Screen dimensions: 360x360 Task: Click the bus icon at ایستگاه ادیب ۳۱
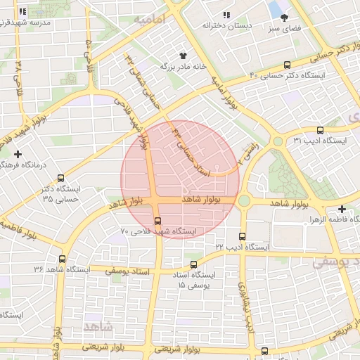321,130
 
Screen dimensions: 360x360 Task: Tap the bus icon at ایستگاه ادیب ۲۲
243,236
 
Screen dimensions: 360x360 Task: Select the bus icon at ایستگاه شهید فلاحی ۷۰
157,224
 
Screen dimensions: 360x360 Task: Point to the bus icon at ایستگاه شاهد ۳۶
62,259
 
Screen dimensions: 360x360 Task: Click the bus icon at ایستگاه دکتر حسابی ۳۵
61,178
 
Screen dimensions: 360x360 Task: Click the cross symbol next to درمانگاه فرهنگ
18,153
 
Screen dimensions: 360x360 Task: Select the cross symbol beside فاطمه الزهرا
342,209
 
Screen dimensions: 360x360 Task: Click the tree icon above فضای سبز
284,18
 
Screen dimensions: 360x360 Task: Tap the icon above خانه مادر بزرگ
183,54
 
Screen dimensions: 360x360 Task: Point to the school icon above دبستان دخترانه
226,15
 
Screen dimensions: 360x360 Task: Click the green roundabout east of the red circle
244,201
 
